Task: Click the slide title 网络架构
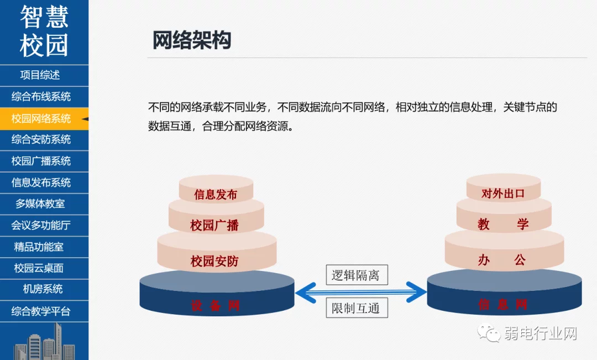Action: point(191,40)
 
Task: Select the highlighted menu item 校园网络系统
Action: point(41,118)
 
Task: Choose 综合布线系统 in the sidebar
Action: point(41,97)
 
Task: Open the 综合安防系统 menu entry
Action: point(41,140)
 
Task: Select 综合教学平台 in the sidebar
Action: point(41,311)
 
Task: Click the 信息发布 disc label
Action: point(216,195)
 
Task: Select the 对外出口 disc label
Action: point(502,194)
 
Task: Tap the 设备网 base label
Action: point(216,306)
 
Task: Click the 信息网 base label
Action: point(503,304)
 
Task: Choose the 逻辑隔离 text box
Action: point(356,275)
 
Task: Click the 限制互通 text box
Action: point(356,308)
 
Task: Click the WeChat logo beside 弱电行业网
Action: point(490,333)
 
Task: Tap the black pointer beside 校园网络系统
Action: point(84,119)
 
